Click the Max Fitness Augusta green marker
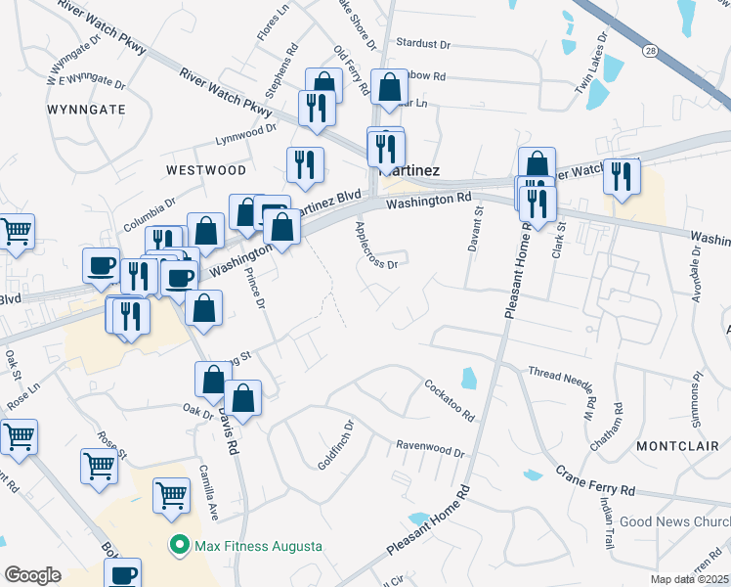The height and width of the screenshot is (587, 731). tap(180, 545)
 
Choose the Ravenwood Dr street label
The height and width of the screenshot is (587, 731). tap(430, 448)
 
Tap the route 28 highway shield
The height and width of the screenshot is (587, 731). tap(650, 49)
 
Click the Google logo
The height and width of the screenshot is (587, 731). tap(32, 574)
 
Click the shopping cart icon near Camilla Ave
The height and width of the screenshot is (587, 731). tap(171, 494)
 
